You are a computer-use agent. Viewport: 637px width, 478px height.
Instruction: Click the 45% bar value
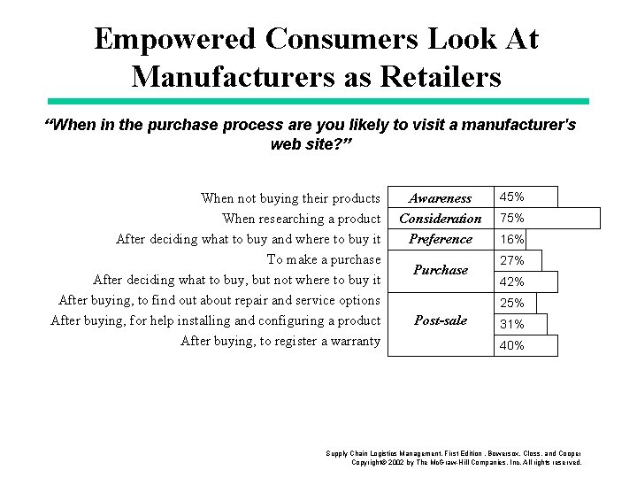click(512, 197)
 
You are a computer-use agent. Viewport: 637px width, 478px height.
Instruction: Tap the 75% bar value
click(512, 218)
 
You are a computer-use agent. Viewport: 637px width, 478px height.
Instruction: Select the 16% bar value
click(512, 239)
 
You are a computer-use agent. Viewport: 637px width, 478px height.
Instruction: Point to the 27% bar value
click(512, 260)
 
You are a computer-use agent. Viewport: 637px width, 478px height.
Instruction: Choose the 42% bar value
click(512, 281)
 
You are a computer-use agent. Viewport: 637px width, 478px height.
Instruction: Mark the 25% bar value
click(512, 304)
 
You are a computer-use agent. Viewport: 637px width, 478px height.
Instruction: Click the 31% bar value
click(512, 325)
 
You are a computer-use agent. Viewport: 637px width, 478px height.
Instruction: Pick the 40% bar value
click(512, 346)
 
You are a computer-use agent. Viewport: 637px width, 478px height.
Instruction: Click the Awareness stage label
click(440, 198)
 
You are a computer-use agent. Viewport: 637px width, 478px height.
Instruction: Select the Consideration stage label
click(440, 219)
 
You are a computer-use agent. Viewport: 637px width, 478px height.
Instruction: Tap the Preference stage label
click(440, 239)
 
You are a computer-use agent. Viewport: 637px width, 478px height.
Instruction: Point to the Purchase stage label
click(440, 270)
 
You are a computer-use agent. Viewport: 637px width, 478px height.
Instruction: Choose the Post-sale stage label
click(440, 320)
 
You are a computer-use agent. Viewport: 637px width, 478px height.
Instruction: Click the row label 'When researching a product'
click(301, 219)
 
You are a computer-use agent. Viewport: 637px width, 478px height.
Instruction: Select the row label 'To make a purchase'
click(323, 259)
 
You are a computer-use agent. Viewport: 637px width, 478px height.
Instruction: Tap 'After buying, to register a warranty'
click(280, 341)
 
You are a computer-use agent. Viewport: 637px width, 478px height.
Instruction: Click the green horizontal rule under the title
click(318, 102)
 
